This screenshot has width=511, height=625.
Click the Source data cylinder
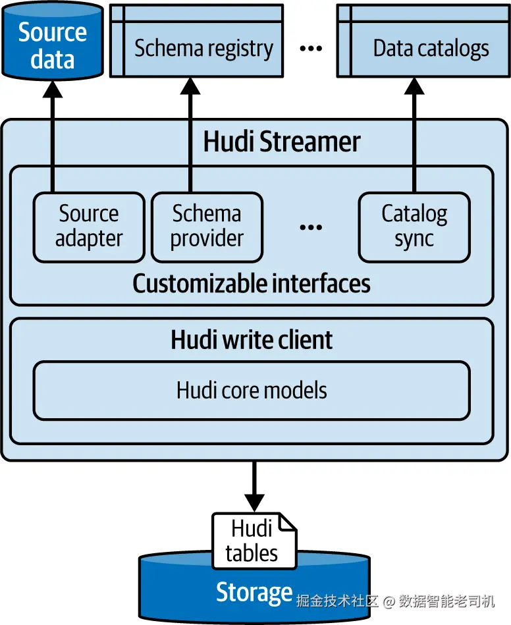52,45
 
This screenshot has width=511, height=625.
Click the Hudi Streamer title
282,142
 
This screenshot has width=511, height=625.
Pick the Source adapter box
89,226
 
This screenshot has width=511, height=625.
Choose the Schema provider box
207,226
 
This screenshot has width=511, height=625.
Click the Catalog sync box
414,226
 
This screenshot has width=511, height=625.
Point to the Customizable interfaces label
251,283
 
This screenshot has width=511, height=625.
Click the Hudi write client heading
252,340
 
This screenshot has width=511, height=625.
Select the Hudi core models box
252,390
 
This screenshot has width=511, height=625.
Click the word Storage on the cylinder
254,593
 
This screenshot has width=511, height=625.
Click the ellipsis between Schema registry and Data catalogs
310,49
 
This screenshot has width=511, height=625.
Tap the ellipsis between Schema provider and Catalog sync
310,227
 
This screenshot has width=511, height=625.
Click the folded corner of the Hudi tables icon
288,522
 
